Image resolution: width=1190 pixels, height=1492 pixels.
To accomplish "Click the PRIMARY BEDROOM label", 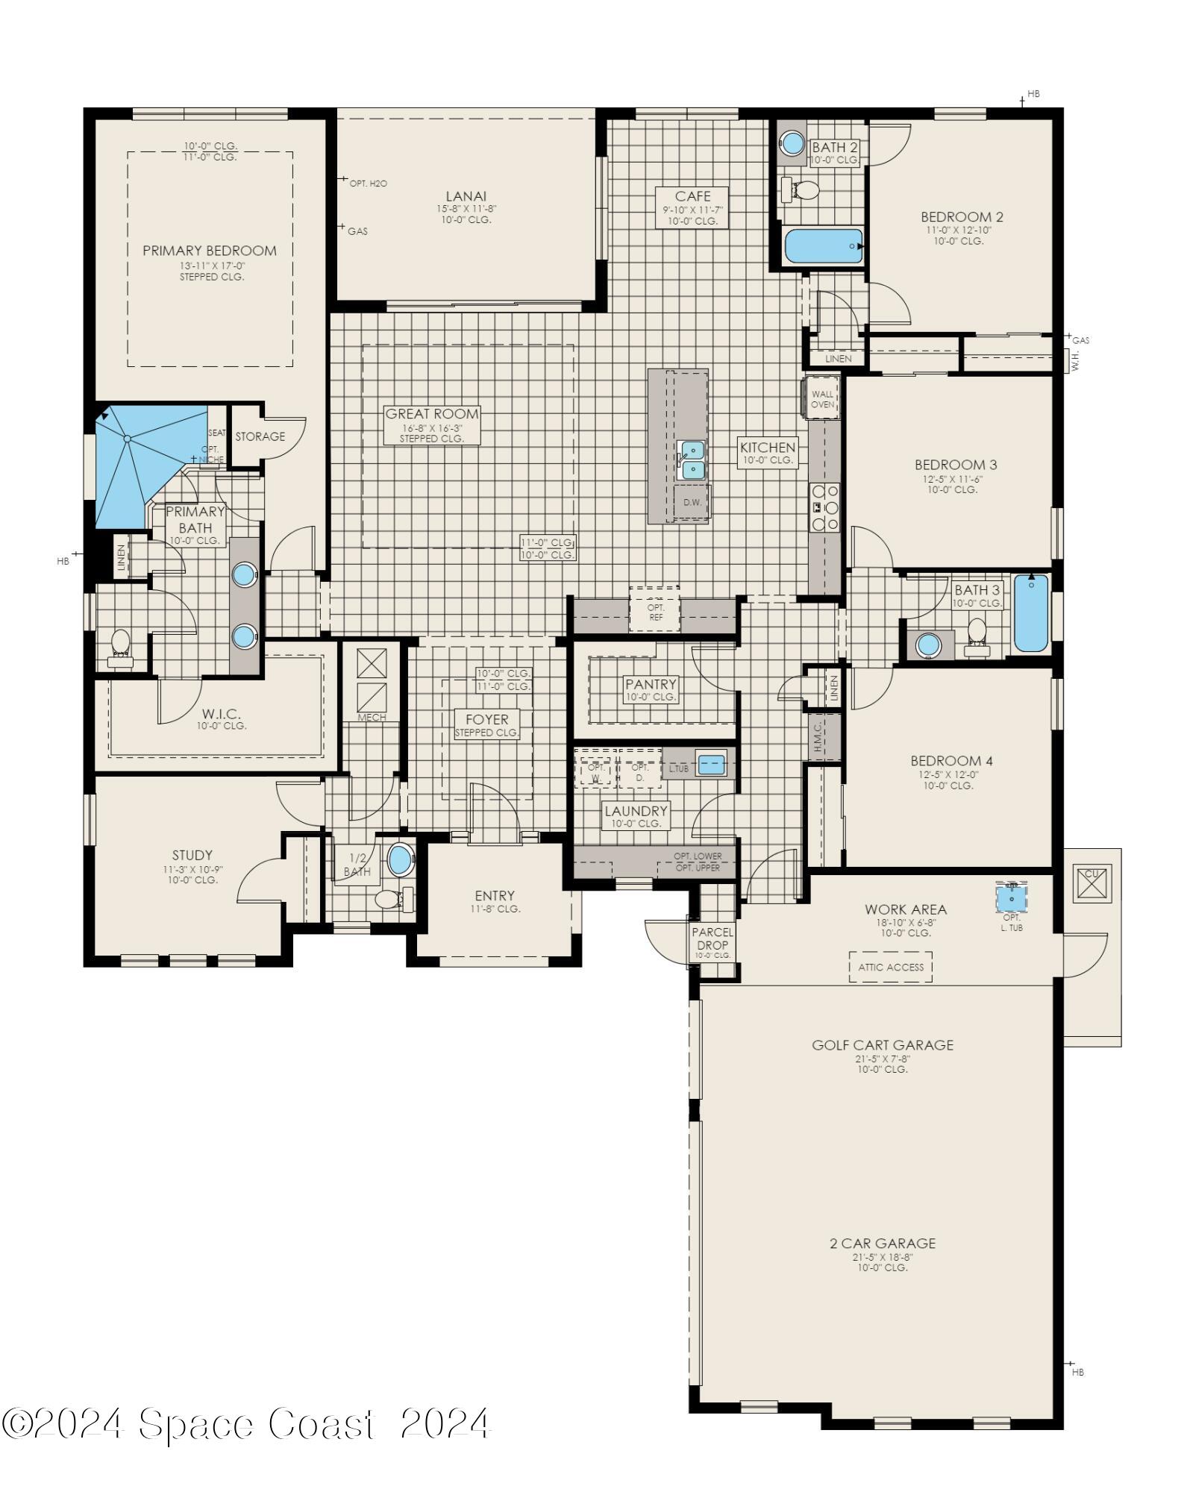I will [210, 251].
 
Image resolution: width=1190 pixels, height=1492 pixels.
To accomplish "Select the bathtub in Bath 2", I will [824, 246].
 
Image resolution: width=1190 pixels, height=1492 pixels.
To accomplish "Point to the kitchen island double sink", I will [692, 460].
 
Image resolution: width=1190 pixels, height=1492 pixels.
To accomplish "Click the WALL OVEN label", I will [822, 399].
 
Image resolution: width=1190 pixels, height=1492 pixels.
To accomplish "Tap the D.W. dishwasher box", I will [692, 502].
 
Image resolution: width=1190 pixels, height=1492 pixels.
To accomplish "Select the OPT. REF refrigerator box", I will [655, 611].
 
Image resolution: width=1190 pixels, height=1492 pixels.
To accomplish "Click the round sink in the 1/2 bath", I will [401, 860].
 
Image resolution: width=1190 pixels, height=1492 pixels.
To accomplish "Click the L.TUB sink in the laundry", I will [711, 765].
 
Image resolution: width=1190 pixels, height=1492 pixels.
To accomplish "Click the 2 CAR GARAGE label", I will [883, 1243].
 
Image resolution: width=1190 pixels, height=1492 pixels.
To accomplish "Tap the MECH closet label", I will [372, 718].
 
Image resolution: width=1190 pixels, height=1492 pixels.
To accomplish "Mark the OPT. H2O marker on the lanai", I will [367, 183].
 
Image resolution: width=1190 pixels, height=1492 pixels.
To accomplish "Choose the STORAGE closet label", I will [260, 436].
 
